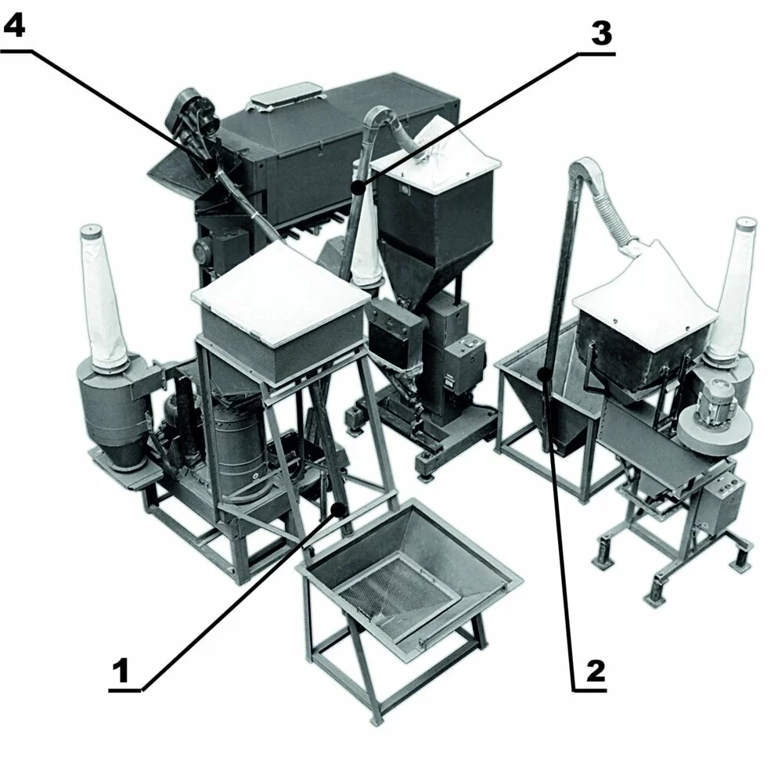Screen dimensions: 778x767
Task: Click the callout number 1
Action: coord(121,671)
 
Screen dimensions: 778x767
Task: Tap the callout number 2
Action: coord(596,672)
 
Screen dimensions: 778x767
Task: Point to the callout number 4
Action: coord(14,24)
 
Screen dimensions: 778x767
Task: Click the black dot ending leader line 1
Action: coord(340,509)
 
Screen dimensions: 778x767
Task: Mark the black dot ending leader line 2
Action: coord(546,374)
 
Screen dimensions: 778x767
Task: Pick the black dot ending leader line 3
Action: coord(356,188)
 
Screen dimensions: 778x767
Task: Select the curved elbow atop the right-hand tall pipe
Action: coord(586,170)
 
